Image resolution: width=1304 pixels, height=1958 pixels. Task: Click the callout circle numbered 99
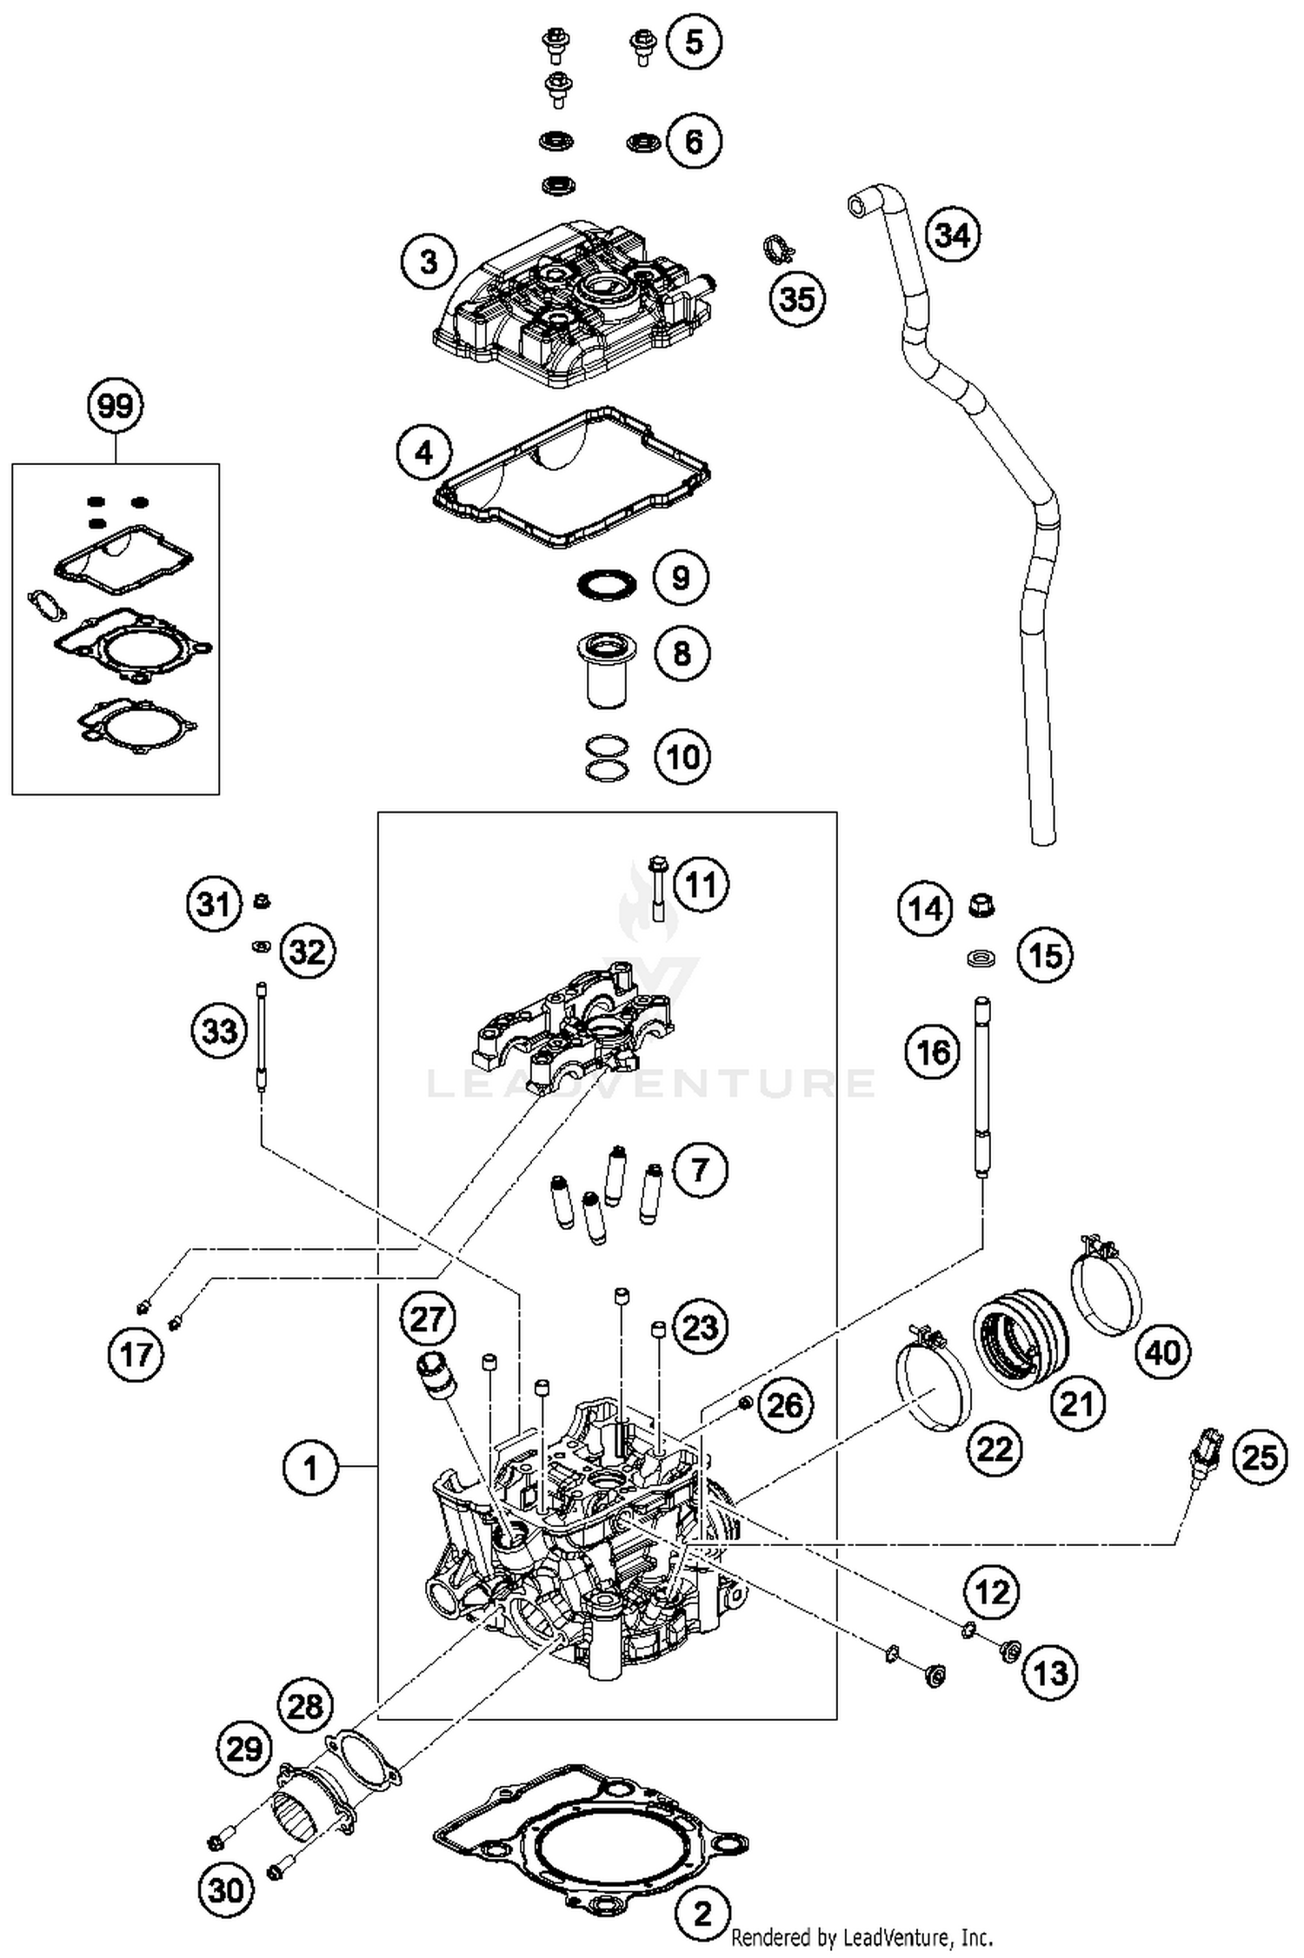click(116, 406)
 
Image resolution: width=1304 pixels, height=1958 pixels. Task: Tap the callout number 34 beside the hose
click(953, 236)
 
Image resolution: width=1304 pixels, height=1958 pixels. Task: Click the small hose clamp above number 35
click(779, 249)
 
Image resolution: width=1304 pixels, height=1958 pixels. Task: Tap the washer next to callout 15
click(981, 958)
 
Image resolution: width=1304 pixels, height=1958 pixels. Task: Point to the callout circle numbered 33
click(219, 1032)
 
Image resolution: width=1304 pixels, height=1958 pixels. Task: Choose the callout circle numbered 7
click(701, 1170)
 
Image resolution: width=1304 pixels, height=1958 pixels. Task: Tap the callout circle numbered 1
click(310, 1468)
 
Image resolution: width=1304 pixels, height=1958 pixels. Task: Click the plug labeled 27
click(433, 1375)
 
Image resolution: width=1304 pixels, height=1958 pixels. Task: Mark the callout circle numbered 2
click(702, 1913)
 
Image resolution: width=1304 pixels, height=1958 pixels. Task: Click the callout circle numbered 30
click(225, 1889)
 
